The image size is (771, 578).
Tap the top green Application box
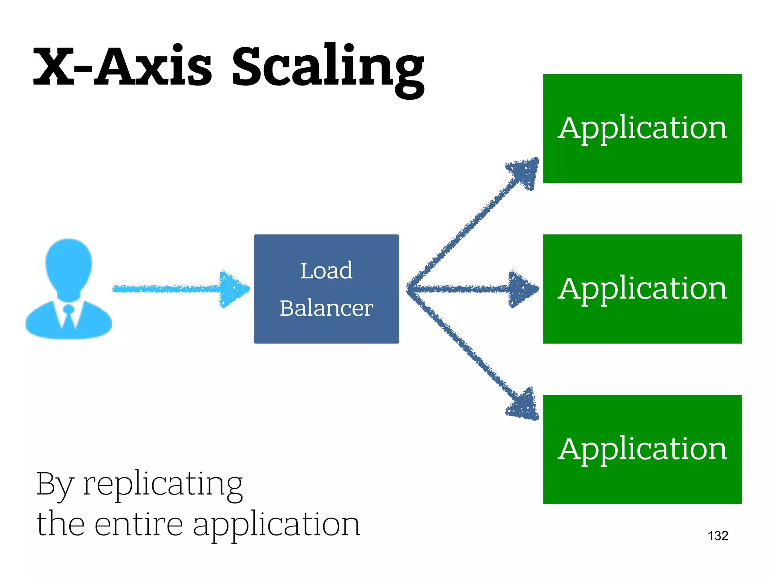tap(642, 128)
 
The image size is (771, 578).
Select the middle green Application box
tap(642, 289)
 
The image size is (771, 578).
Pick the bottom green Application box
tap(642, 449)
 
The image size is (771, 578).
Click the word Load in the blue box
tap(326, 271)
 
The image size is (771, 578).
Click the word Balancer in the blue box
tap(326, 308)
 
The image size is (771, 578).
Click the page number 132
tap(718, 536)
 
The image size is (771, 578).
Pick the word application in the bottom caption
tap(276, 525)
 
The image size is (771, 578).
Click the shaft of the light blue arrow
tap(166, 289)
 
